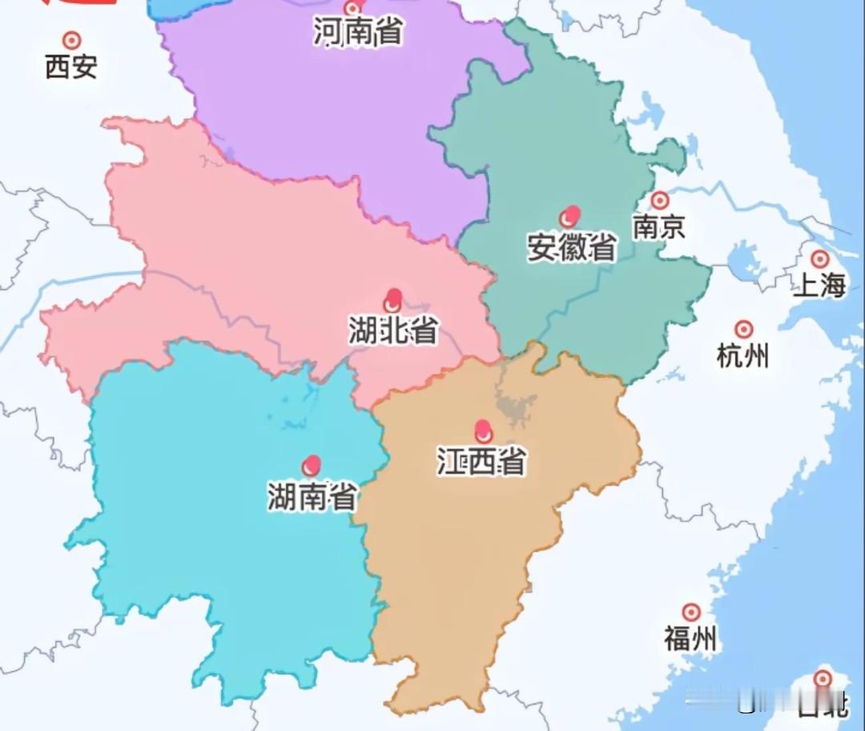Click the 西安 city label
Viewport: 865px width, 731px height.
click(71, 66)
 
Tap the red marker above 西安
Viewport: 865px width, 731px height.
click(72, 39)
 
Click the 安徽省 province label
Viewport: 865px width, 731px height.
click(572, 247)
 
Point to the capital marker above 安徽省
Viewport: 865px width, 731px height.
click(569, 216)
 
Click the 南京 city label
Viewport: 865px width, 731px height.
click(659, 227)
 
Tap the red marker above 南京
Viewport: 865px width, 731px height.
click(659, 200)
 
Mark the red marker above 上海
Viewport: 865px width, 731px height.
click(819, 259)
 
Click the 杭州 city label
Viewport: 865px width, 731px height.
click(742, 355)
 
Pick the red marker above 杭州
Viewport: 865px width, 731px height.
click(744, 329)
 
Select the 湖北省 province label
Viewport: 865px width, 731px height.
click(392, 330)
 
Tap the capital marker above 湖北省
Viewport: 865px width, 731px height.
click(392, 300)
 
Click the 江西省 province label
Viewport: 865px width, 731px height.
click(481, 461)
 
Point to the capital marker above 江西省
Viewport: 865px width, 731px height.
click(483, 432)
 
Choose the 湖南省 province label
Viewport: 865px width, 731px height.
click(312, 497)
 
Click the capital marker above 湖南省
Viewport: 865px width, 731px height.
click(312, 465)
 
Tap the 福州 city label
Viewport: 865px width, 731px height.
click(690, 639)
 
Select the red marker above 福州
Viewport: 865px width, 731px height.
click(691, 613)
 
